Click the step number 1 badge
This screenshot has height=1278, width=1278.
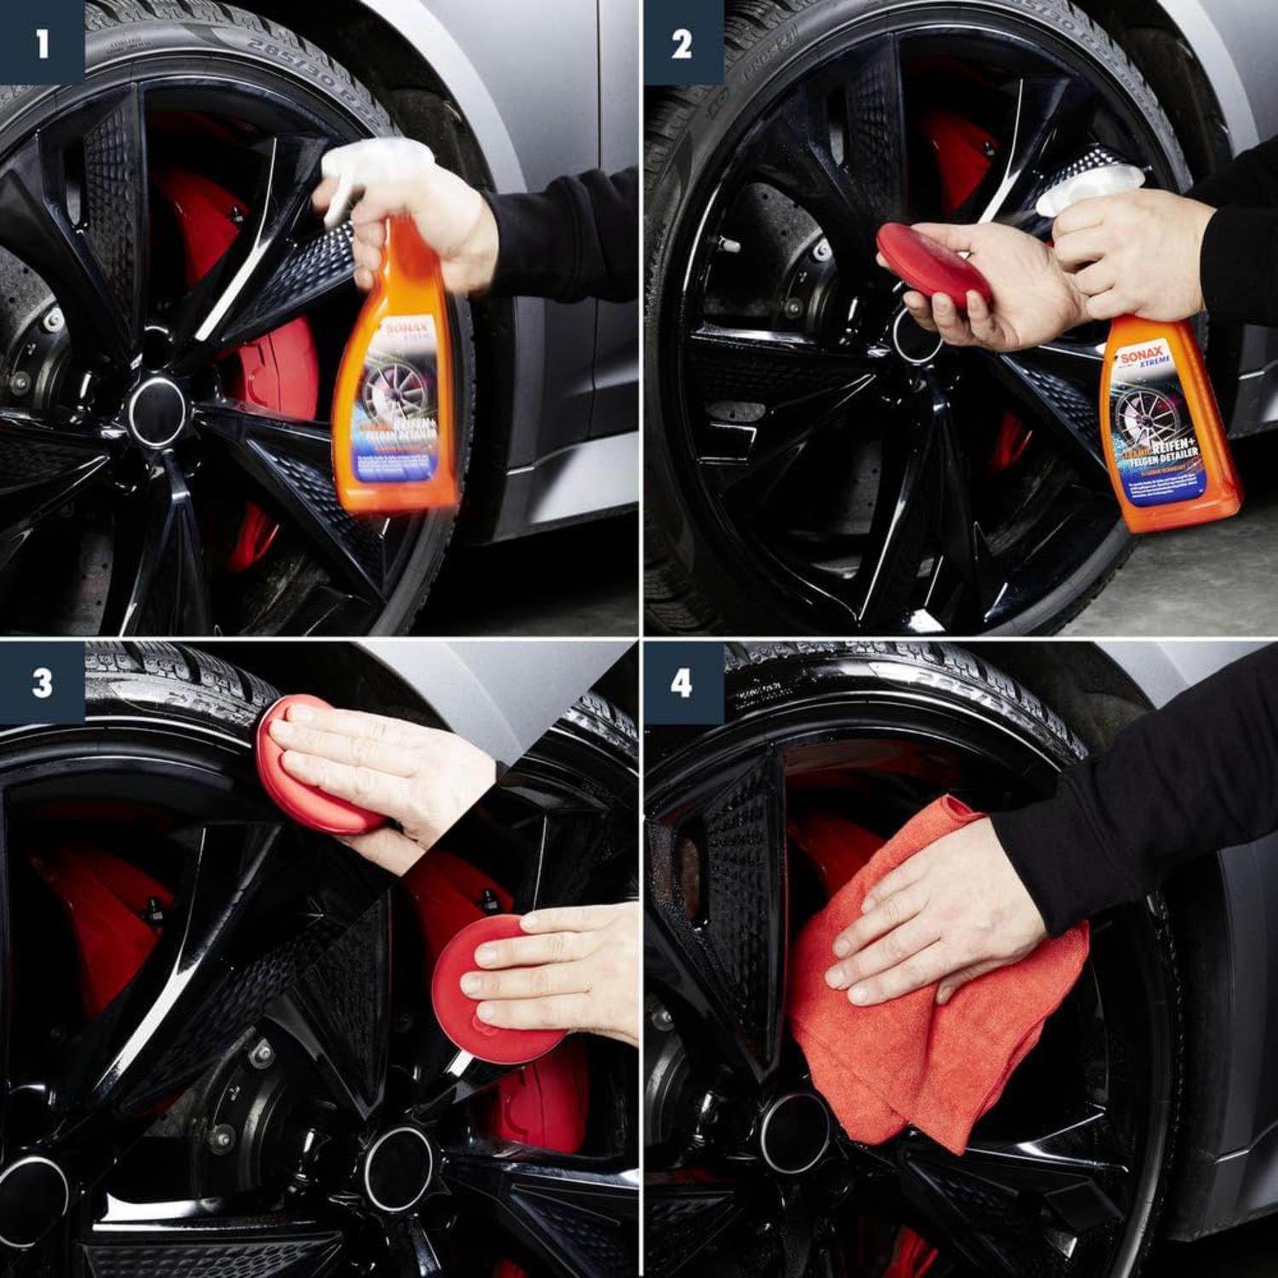[41, 43]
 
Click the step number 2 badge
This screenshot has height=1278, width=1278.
[682, 43]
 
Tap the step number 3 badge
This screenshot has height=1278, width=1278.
[41, 682]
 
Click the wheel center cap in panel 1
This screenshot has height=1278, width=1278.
[157, 410]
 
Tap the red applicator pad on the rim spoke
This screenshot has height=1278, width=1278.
[494, 988]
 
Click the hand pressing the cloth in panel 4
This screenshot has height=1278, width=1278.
[937, 920]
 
